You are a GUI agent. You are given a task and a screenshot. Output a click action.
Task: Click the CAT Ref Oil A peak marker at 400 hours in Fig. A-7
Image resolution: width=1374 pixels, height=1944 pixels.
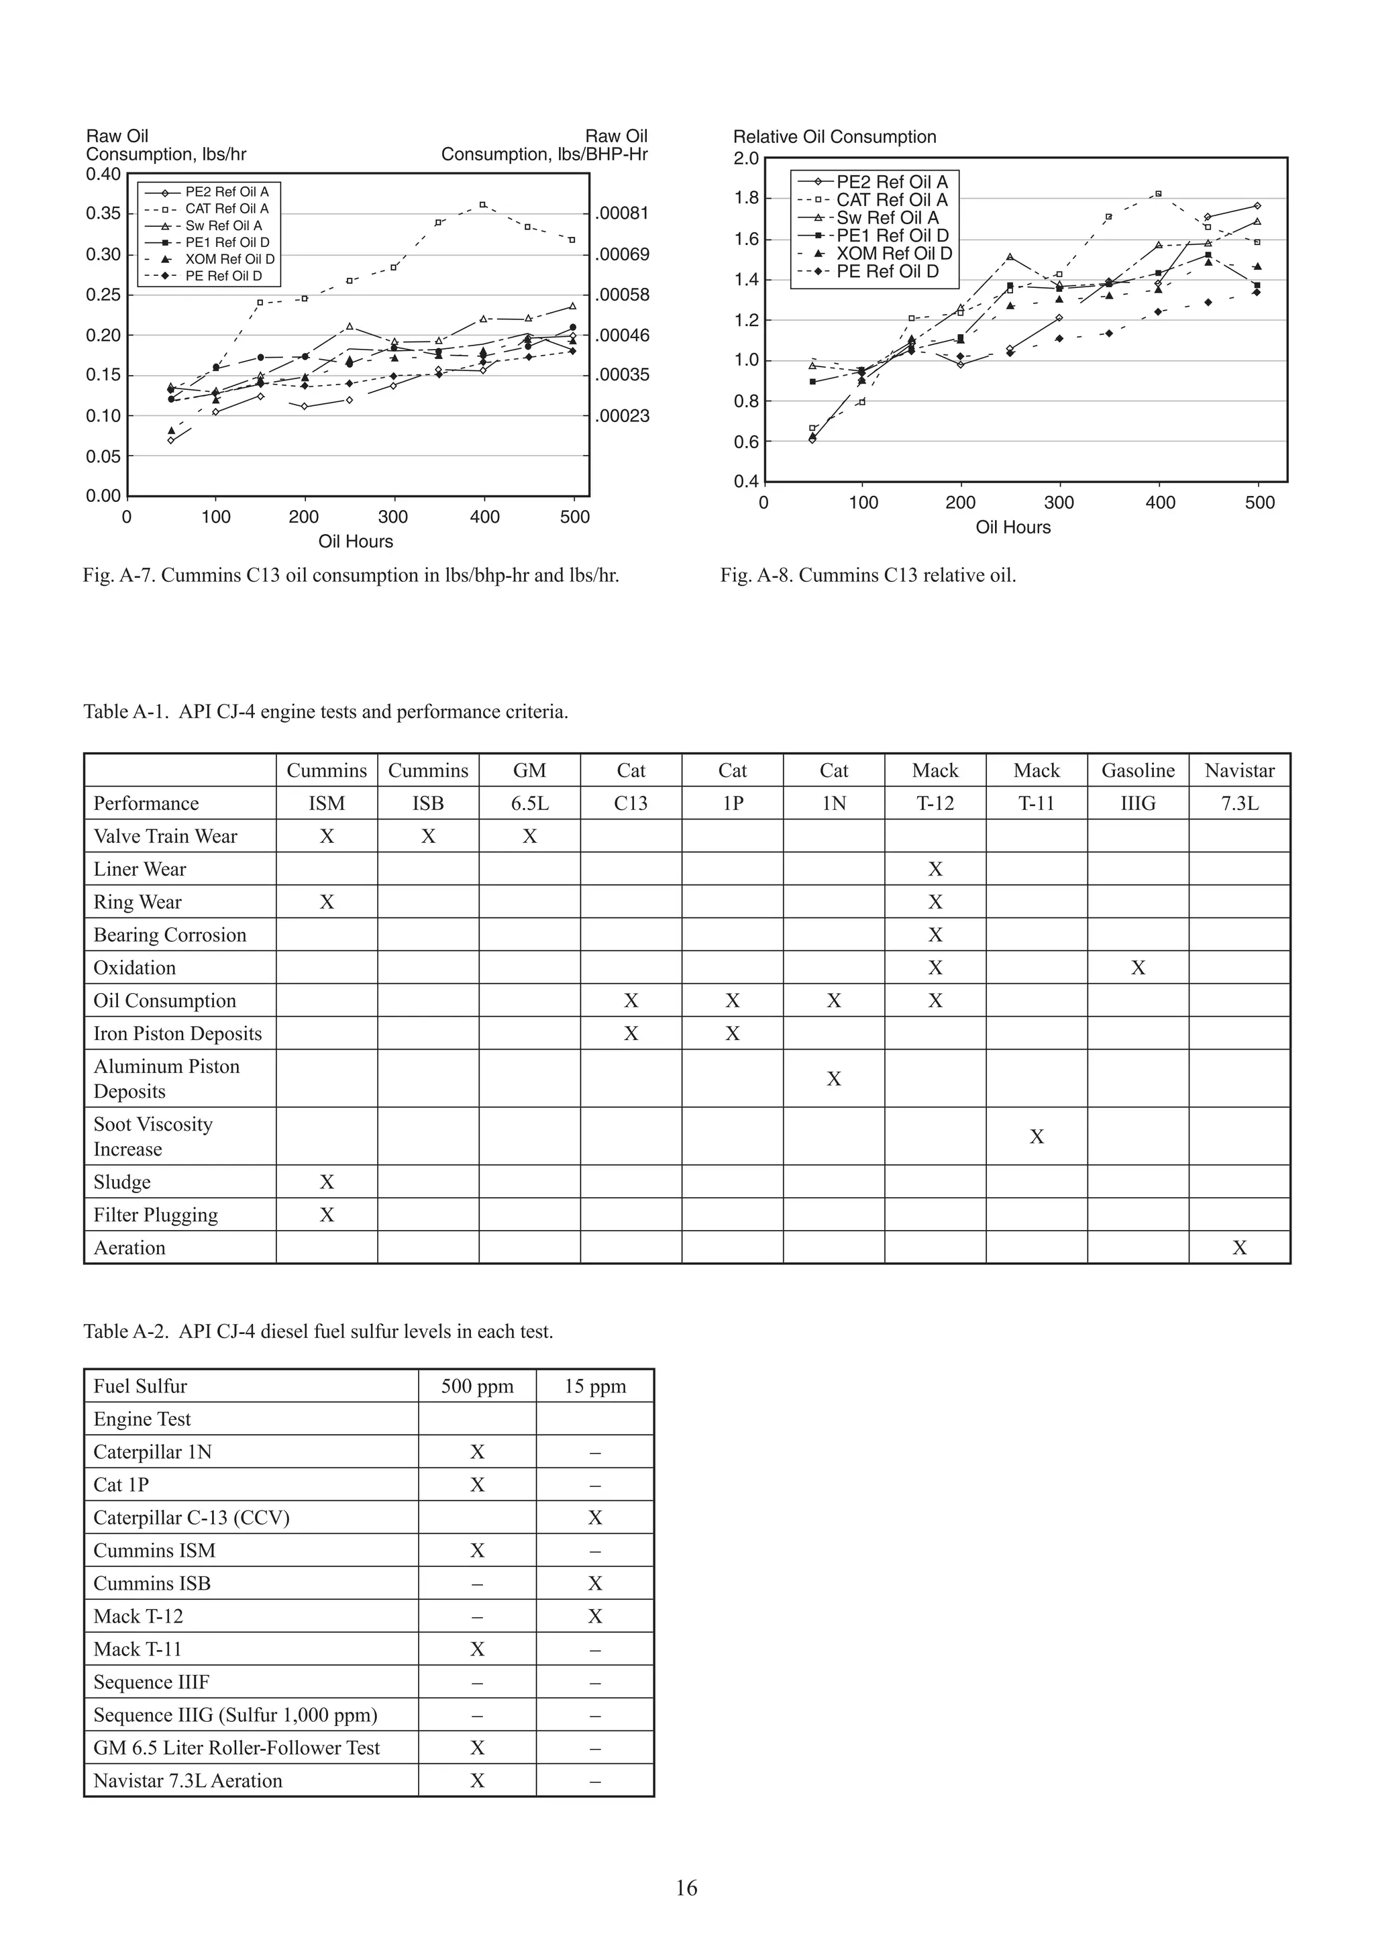click(x=482, y=204)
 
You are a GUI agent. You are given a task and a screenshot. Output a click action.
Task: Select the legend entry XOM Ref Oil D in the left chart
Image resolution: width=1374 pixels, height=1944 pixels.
click(x=229, y=259)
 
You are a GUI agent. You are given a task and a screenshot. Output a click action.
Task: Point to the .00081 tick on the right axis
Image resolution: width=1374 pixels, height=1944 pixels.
click(x=622, y=213)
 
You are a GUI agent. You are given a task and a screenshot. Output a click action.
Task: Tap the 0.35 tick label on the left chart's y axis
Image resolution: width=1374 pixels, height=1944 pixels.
click(x=103, y=213)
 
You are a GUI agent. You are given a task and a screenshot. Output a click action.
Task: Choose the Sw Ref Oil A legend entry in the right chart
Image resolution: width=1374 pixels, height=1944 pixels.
click(x=887, y=217)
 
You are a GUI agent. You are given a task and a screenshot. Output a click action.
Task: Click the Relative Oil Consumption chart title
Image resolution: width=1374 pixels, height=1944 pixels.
click(x=834, y=137)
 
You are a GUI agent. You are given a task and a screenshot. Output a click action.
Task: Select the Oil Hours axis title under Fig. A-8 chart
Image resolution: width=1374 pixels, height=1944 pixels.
click(x=1012, y=527)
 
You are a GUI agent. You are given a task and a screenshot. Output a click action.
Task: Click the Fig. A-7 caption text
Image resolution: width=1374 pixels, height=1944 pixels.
click(x=350, y=576)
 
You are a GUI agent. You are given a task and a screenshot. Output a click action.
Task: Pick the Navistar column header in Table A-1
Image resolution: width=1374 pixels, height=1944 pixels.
click(x=1238, y=770)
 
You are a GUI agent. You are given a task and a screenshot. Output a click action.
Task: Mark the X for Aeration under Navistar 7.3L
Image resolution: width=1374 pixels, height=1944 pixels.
click(x=1238, y=1248)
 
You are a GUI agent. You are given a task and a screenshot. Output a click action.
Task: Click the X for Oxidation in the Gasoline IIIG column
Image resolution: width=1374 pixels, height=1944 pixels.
click(x=1137, y=968)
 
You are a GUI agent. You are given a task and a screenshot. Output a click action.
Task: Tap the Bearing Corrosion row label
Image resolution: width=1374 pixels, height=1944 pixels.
click(x=169, y=935)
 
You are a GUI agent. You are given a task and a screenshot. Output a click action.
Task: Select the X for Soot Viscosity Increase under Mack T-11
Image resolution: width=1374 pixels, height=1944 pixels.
click(x=1037, y=1137)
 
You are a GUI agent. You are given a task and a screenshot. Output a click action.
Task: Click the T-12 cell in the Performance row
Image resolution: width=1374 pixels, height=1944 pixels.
click(x=935, y=803)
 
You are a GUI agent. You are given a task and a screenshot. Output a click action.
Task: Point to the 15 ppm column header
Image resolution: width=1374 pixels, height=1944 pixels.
click(x=595, y=1386)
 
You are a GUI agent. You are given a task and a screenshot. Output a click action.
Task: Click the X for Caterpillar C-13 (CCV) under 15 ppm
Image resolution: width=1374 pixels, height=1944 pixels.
click(x=595, y=1518)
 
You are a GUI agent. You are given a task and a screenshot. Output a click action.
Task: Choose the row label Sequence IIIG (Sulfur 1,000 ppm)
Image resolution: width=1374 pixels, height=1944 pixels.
click(x=235, y=1715)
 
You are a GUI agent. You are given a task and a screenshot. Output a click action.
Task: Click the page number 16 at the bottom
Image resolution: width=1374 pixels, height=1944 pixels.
click(x=686, y=1888)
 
